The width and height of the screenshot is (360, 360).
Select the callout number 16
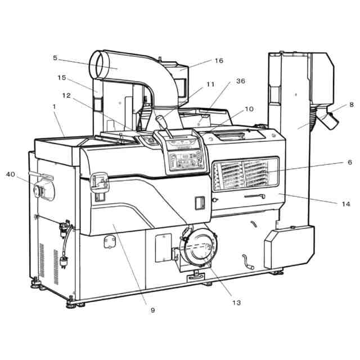pyautogui.click(x=219, y=60)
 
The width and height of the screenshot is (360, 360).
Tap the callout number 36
pyautogui.click(x=240, y=81)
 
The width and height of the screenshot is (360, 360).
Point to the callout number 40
pyautogui.click(x=11, y=174)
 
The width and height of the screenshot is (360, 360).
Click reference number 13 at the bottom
pyautogui.click(x=236, y=303)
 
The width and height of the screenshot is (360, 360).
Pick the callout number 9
pyautogui.click(x=152, y=309)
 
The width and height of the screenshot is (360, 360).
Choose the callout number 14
pyautogui.click(x=345, y=204)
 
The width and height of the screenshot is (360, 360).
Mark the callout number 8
pyautogui.click(x=351, y=105)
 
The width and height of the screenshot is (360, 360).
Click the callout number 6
pyautogui.click(x=349, y=162)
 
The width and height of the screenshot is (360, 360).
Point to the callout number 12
pyautogui.click(x=67, y=96)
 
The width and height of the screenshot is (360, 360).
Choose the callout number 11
pyautogui.click(x=210, y=84)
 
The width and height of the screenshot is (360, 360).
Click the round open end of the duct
pyautogui.click(x=102, y=64)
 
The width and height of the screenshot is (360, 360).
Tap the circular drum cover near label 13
pyautogui.click(x=198, y=246)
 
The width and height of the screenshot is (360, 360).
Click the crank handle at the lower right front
pyautogui.click(x=247, y=262)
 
